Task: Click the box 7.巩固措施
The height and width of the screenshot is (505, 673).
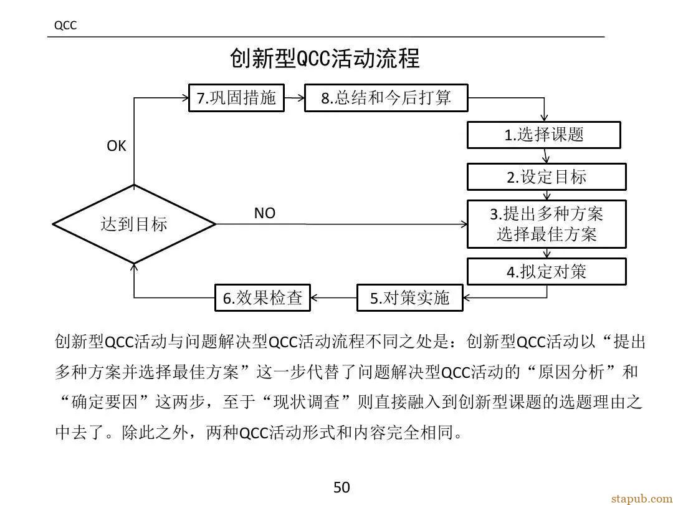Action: (x=237, y=98)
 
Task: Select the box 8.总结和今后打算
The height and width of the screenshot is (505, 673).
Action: (x=386, y=98)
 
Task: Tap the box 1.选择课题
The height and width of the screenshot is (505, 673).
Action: (x=544, y=135)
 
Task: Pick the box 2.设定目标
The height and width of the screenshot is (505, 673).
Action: (x=547, y=177)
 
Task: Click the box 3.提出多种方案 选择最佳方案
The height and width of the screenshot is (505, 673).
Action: (x=547, y=224)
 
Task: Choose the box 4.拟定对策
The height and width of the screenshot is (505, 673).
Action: (x=547, y=271)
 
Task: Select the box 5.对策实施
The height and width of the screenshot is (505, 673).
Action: (x=410, y=297)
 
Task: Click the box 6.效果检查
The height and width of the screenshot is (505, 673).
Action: (x=263, y=297)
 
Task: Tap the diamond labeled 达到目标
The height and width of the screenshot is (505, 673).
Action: (x=134, y=224)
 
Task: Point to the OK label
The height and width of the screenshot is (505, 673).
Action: (x=117, y=146)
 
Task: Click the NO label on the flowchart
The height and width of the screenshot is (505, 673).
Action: (x=264, y=213)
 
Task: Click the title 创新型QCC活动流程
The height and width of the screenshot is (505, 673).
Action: (x=325, y=59)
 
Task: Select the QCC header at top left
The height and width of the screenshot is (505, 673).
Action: (x=65, y=26)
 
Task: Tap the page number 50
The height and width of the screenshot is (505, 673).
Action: (x=341, y=488)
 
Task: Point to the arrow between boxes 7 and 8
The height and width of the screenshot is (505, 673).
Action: (x=294, y=98)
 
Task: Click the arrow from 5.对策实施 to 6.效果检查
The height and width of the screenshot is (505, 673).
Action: (x=333, y=297)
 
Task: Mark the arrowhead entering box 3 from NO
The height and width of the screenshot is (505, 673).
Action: (x=464, y=224)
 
